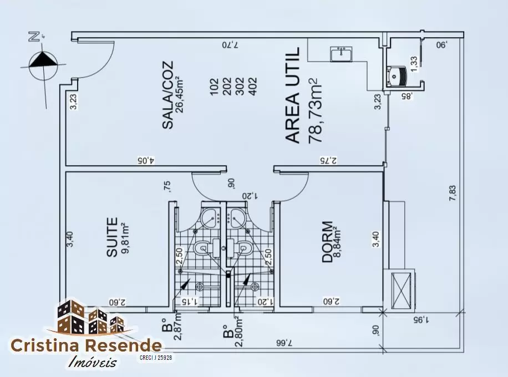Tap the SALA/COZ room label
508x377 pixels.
(x=168, y=95)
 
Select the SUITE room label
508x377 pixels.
(x=112, y=237)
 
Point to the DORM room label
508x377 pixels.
(x=327, y=242)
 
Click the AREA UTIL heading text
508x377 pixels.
(x=293, y=95)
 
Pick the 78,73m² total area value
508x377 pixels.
(x=315, y=110)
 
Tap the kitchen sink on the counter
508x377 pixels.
(x=341, y=54)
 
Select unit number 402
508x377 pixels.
(x=252, y=86)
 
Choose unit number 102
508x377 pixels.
(x=215, y=86)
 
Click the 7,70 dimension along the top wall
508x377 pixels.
(x=230, y=45)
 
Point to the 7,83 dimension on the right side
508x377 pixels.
(x=453, y=193)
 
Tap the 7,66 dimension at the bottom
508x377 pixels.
(x=284, y=343)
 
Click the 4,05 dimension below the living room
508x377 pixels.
(x=146, y=160)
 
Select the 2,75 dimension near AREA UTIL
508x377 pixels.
(x=328, y=160)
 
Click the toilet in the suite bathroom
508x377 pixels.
(x=207, y=248)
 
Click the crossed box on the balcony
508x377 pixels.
(x=401, y=289)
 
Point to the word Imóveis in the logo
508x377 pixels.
(x=92, y=361)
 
